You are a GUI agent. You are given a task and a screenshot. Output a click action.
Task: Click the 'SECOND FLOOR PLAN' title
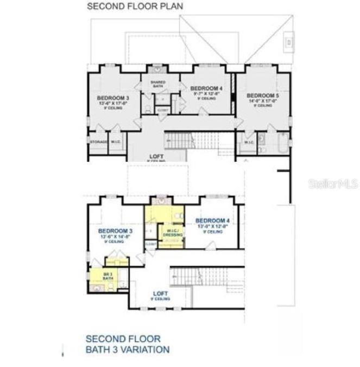point(135,7)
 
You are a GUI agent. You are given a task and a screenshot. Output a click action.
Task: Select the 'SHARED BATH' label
point(158,84)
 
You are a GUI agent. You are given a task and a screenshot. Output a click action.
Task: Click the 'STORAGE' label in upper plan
point(98,142)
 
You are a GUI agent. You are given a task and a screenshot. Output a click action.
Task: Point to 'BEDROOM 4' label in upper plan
point(206,88)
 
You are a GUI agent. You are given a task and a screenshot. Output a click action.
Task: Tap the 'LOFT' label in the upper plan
point(157,156)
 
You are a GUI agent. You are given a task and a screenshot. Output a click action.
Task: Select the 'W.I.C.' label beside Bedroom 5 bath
point(249,142)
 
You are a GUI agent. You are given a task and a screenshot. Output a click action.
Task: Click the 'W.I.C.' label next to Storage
point(116,142)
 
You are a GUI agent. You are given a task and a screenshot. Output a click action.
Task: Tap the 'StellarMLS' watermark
point(332,184)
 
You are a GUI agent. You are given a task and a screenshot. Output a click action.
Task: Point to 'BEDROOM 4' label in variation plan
point(212,220)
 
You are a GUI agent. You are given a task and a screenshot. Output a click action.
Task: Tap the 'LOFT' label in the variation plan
point(161,294)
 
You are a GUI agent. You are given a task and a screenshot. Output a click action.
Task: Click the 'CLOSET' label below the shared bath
point(162,110)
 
